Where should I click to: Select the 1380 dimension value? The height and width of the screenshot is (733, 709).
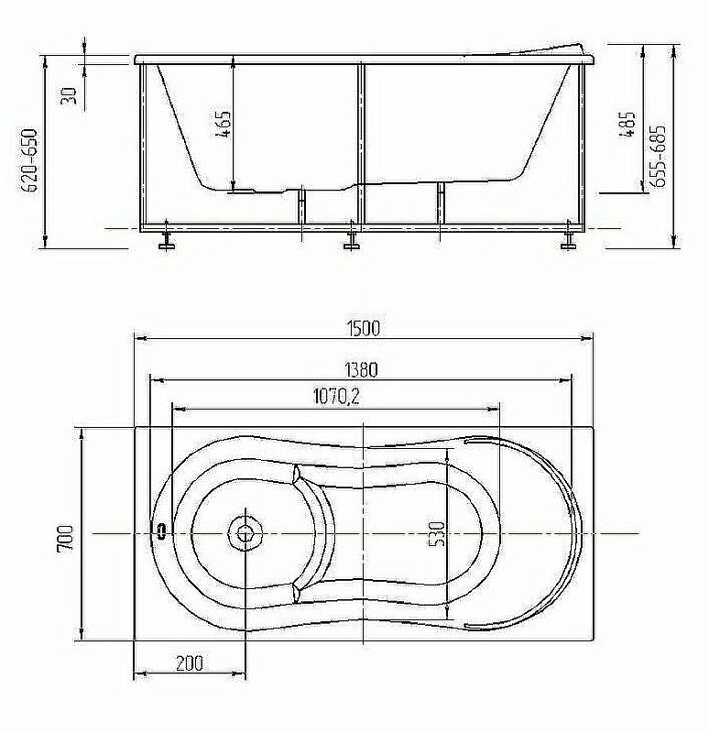(361, 370)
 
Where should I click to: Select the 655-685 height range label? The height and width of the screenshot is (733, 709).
(657, 156)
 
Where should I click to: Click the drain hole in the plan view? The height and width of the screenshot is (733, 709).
(245, 532)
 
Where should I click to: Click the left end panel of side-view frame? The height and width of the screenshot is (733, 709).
(143, 147)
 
